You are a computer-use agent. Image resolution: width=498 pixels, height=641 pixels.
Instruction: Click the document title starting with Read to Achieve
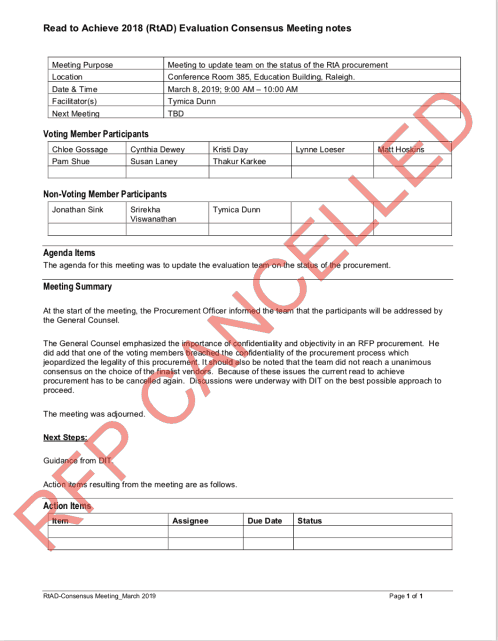point(197,28)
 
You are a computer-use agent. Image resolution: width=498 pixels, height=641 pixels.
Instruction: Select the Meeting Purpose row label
point(82,65)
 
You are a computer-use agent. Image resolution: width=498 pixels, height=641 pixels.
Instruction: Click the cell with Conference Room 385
point(261,77)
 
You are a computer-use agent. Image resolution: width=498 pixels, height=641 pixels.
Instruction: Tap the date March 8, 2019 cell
point(232,89)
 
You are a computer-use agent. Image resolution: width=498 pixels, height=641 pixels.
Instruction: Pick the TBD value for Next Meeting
point(176,113)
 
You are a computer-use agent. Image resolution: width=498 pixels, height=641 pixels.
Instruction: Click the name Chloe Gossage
point(80,149)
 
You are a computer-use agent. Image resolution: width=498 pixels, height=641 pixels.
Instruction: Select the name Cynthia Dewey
point(157,149)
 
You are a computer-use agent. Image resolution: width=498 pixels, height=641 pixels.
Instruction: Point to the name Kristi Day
point(230,149)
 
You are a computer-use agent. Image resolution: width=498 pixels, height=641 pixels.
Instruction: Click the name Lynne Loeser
point(320,149)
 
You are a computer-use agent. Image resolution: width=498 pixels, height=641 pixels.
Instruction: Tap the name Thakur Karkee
point(239,161)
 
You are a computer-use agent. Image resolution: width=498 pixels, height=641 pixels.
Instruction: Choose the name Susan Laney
point(154,161)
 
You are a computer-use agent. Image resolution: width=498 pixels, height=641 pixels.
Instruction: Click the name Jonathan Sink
point(78,210)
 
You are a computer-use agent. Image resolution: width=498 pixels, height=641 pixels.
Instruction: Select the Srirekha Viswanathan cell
point(153,214)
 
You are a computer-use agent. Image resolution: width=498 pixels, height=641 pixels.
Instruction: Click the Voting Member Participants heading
point(96,134)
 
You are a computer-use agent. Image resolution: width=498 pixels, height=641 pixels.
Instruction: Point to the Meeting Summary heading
point(77,286)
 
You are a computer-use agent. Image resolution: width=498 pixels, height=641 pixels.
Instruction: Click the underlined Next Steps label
point(65,437)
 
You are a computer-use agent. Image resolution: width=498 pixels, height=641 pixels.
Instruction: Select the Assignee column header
point(190,520)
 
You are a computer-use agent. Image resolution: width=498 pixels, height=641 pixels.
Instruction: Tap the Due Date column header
point(265,520)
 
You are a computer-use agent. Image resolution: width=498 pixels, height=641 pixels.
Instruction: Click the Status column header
point(309,520)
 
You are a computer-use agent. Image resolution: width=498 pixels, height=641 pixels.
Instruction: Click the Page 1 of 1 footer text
point(406,596)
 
